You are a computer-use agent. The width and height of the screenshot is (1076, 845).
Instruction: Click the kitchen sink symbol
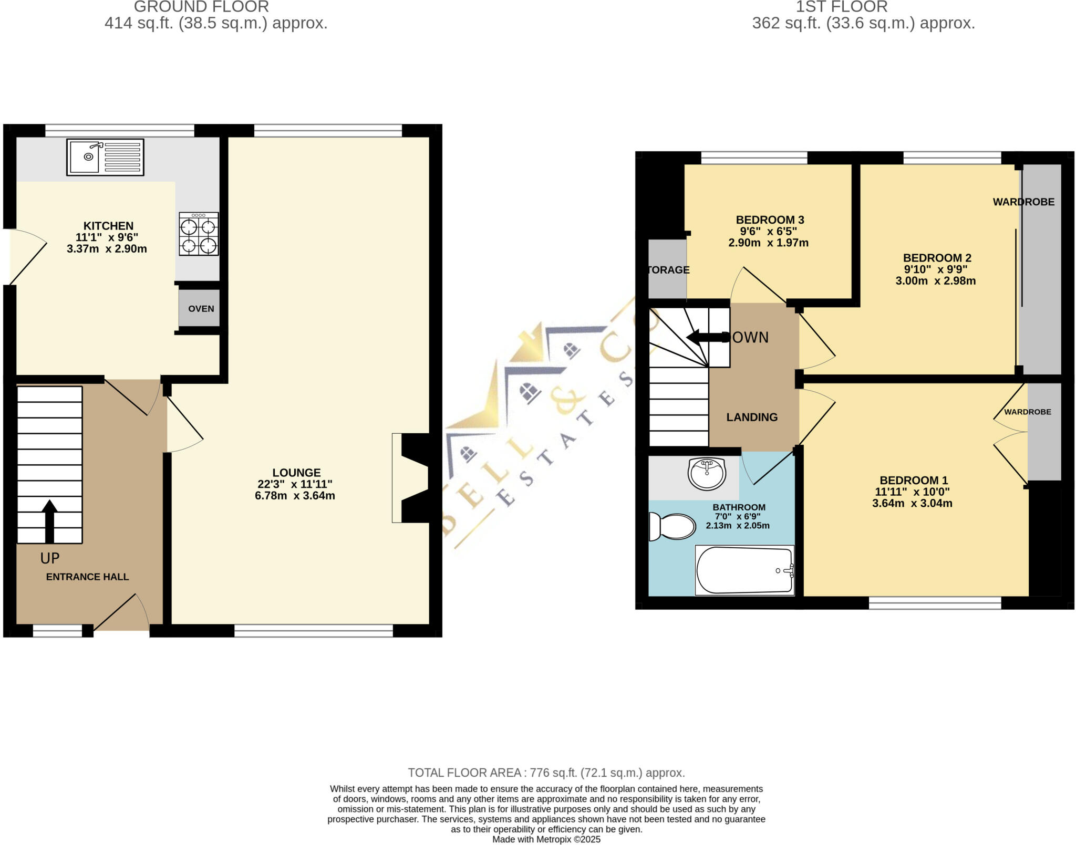[105, 157]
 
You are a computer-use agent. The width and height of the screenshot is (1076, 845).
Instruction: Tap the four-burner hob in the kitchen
[199, 234]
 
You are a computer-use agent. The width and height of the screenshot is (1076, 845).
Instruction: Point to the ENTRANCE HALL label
[87, 577]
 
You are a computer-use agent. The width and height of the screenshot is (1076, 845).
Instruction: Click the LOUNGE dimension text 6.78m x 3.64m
[295, 496]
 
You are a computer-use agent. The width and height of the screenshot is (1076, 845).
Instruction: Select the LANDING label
[752, 417]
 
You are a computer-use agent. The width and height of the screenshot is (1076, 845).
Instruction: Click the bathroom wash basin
[707, 473]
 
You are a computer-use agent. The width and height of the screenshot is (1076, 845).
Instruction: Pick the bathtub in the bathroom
[744, 570]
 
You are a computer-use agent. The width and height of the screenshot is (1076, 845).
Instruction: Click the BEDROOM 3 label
[770, 220]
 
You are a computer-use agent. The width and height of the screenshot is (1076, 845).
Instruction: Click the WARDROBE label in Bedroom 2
[1023, 202]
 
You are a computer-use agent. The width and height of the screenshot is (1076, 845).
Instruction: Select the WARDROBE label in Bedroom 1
[1027, 412]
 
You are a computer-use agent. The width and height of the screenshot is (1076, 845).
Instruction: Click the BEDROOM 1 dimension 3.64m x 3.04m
[912, 503]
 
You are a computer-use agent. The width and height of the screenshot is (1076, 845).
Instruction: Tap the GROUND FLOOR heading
[201, 7]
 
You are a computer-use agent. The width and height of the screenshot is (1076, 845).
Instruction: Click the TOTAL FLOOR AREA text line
[546, 773]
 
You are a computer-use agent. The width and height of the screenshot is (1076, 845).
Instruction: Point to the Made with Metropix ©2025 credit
[546, 839]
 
